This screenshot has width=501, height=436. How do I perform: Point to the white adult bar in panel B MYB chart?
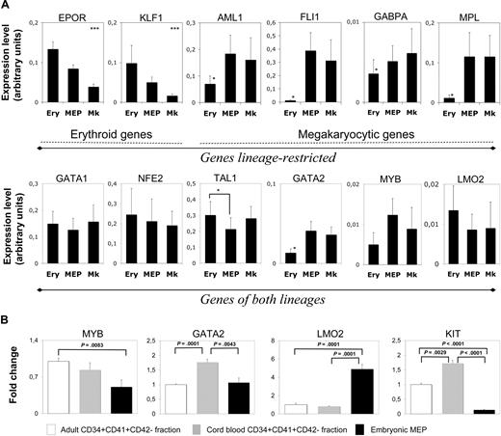pos(60,387)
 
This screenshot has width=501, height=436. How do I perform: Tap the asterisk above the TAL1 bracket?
pos(219,191)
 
